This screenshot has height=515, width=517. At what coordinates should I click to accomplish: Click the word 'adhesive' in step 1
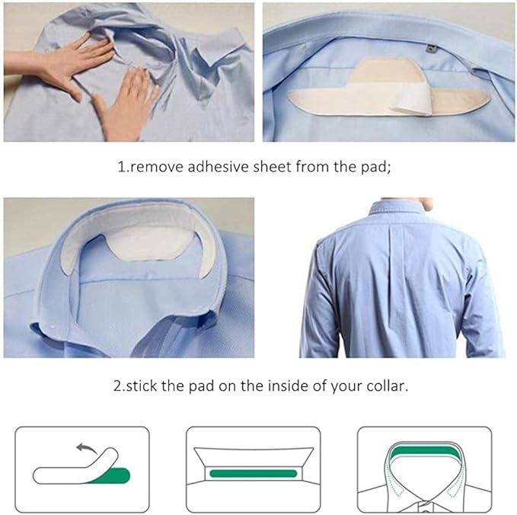point(218,166)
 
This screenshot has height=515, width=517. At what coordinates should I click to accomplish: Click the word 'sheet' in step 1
point(272,166)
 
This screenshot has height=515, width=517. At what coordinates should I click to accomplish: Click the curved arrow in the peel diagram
point(86,448)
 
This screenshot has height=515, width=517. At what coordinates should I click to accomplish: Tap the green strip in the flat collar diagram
point(254,473)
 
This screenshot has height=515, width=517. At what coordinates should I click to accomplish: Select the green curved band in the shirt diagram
point(425,451)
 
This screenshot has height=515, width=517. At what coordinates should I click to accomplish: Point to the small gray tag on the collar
point(430,49)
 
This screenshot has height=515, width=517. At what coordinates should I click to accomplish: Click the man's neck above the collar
point(408,203)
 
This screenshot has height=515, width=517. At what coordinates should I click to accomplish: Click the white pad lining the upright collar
point(139,231)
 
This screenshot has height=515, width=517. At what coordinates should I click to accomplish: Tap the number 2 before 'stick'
point(118,386)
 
